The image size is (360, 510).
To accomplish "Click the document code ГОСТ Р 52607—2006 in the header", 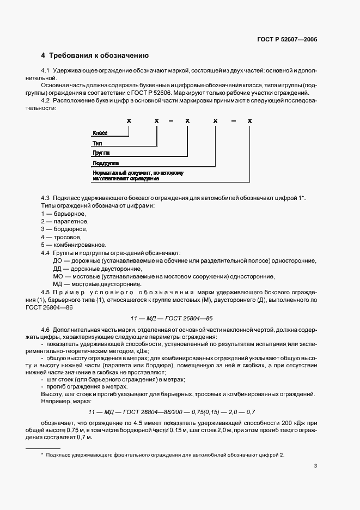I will (x=286, y=39).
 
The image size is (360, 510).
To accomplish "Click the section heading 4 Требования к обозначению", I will (x=95, y=56).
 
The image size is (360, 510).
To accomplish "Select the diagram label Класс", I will (x=100, y=133).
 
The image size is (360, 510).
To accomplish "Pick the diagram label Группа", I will (x=101, y=153).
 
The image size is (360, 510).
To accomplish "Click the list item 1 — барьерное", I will (x=64, y=214).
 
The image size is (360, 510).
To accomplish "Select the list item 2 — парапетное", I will (x=65, y=221).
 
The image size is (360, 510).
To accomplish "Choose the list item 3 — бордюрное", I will (x=64, y=229).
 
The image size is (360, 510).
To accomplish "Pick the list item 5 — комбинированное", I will (x=73, y=245).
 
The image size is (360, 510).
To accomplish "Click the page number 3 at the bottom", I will (x=315, y=466).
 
